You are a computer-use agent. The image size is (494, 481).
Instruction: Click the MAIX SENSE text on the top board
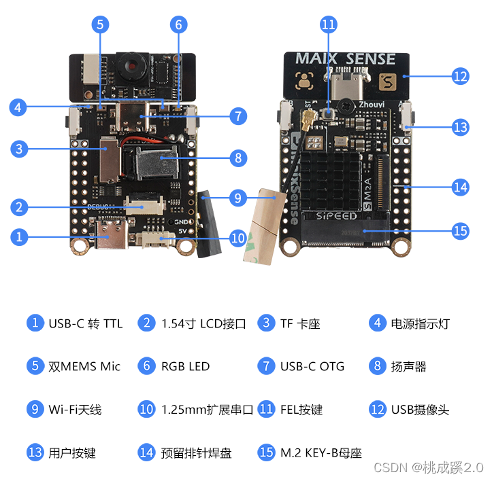[x=345, y=58]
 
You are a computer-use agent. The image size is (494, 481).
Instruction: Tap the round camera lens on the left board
[x=129, y=67]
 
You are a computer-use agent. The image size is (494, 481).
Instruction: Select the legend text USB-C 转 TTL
[x=85, y=323]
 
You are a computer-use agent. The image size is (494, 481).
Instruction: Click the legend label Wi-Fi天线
[x=75, y=410]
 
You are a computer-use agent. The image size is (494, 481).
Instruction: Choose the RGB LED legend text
[x=185, y=366]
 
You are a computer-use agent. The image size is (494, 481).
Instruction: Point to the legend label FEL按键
[x=301, y=410]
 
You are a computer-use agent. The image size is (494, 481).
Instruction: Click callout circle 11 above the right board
[x=329, y=24]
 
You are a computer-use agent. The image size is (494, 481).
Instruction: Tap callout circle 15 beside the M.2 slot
[x=460, y=231]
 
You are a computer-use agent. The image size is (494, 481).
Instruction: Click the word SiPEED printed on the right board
[x=337, y=216]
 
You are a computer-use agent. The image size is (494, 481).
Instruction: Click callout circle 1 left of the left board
[x=20, y=236]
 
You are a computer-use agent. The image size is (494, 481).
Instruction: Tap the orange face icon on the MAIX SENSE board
[x=304, y=83]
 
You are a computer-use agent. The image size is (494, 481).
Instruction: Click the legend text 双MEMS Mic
[x=84, y=366]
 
